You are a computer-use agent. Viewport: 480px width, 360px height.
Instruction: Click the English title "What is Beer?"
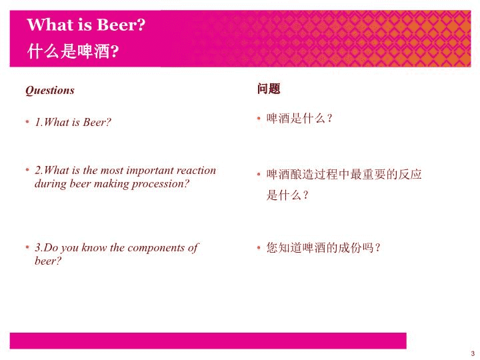point(86,25)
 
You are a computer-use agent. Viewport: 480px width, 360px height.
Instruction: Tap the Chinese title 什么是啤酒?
point(73,51)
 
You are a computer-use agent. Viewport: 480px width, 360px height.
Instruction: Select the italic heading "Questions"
point(50,90)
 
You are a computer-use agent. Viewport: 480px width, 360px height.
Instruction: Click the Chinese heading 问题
point(269,89)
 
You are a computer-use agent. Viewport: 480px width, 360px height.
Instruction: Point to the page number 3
point(473,353)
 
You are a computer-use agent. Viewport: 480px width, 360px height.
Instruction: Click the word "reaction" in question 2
point(196,170)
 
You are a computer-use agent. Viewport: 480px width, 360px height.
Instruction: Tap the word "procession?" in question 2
point(161,185)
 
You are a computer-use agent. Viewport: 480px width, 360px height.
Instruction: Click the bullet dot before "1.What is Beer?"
point(27,122)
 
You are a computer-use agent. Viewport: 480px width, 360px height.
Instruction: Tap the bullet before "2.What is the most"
point(27,169)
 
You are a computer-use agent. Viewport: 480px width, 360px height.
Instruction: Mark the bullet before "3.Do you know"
point(27,247)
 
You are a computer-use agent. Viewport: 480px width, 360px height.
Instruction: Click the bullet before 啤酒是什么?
point(259,118)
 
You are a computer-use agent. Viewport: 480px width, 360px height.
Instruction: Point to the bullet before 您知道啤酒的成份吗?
point(259,247)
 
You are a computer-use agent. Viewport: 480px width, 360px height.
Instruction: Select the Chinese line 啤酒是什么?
point(299,118)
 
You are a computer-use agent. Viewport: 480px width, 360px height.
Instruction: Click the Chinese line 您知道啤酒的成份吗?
point(323,247)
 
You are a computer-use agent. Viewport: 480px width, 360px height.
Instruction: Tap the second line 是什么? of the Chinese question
point(287,195)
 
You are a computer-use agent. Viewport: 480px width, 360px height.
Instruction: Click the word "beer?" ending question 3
point(48,261)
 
